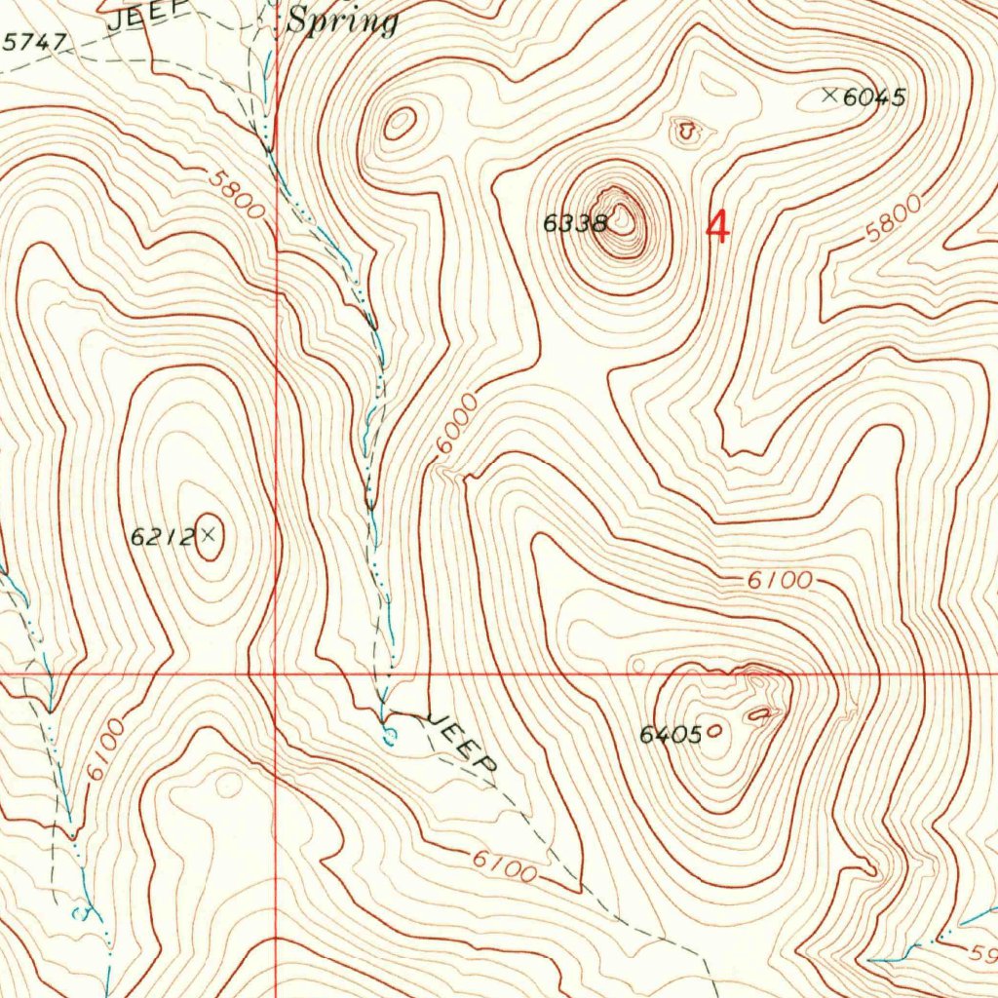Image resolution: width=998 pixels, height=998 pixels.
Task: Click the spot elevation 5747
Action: (35, 42)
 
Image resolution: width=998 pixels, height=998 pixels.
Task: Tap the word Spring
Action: (342, 22)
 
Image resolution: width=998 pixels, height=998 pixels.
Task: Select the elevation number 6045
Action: (875, 96)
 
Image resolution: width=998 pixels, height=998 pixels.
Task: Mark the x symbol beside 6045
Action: (830, 95)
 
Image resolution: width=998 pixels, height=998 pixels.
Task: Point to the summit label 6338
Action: (575, 223)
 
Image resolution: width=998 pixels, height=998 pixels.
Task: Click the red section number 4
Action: (717, 228)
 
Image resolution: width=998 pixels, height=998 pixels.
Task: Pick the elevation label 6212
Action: (162, 535)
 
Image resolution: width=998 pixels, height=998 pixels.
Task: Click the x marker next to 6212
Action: (208, 533)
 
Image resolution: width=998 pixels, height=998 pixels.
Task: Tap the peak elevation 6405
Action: (671, 735)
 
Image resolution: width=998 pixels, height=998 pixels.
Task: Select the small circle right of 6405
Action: (717, 729)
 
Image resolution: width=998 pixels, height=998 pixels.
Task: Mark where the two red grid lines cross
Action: (276, 673)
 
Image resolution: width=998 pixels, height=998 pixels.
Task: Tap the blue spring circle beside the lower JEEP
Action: (389, 733)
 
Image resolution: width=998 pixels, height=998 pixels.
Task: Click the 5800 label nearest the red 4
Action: (893, 219)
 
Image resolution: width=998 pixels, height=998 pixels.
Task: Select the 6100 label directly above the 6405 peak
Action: (780, 581)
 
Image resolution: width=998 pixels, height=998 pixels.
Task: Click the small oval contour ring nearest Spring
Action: (400, 123)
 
